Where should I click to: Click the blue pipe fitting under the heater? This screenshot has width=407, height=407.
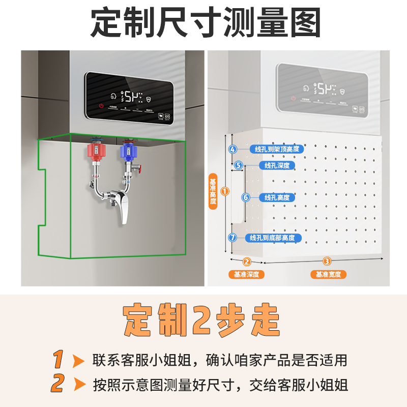[129, 151]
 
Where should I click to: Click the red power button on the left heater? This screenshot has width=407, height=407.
[102, 106]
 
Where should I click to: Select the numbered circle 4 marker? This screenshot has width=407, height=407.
[232, 149]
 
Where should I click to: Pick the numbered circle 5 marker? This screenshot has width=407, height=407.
[238, 165]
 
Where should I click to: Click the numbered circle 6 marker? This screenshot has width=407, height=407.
[245, 197]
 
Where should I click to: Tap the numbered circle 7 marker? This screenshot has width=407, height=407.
[232, 237]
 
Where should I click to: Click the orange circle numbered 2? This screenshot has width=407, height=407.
[247, 261]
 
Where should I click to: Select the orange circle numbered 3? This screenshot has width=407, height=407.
[327, 261]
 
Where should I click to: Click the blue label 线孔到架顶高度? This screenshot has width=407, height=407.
[277, 149]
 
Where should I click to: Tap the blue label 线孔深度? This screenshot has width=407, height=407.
[277, 165]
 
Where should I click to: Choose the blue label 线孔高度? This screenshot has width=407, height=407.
[277, 197]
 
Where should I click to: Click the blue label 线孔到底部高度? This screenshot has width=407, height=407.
[273, 238]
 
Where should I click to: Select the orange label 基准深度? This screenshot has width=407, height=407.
[247, 275]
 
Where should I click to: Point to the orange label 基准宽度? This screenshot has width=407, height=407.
[328, 275]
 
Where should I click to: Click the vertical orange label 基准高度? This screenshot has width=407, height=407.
[213, 191]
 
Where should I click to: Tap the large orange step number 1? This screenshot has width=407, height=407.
[59, 360]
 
